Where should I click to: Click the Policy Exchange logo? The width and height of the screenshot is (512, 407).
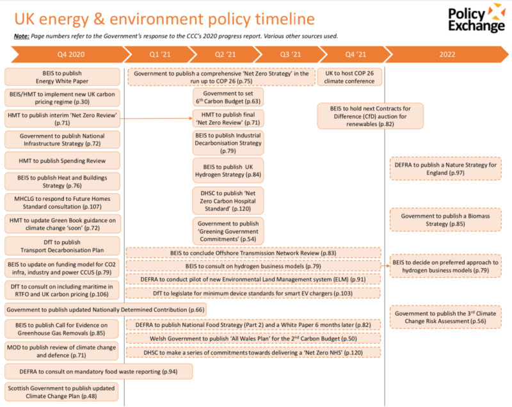(x=475, y=20)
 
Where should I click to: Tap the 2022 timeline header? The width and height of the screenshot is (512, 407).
(x=447, y=55)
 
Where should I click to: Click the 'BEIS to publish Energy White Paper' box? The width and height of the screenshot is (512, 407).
(x=62, y=77)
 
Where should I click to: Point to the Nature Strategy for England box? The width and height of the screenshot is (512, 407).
(x=445, y=168)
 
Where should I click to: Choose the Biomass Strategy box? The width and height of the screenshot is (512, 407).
(x=445, y=219)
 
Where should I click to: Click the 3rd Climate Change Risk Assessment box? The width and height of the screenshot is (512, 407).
(x=445, y=317)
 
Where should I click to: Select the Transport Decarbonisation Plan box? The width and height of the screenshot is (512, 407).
(x=62, y=246)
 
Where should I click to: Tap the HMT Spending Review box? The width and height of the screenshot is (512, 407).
(x=62, y=161)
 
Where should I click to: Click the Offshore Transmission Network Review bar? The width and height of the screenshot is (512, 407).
(x=253, y=253)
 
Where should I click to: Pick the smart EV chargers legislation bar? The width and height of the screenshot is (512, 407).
(x=253, y=293)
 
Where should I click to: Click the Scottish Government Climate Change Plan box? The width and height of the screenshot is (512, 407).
(x=62, y=392)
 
